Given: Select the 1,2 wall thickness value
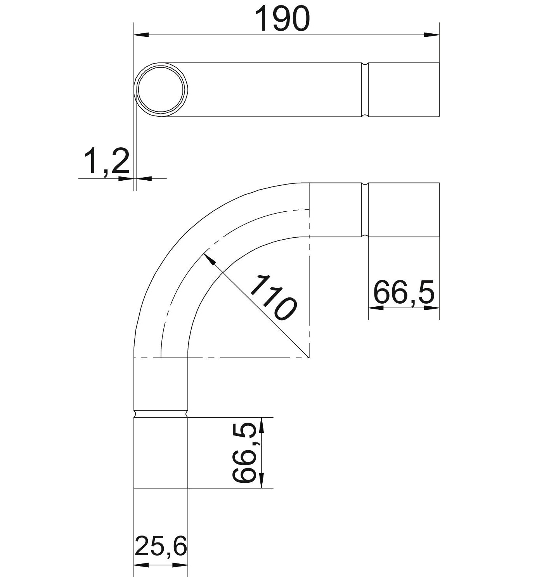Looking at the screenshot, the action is point(106,161).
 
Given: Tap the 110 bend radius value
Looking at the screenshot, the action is point(273,297).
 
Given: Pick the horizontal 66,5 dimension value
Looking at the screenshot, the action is point(404,292).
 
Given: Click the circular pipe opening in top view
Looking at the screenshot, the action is point(161,90).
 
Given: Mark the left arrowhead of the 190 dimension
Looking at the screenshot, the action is point(141,35).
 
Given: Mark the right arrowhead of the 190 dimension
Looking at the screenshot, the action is point(431,35).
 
